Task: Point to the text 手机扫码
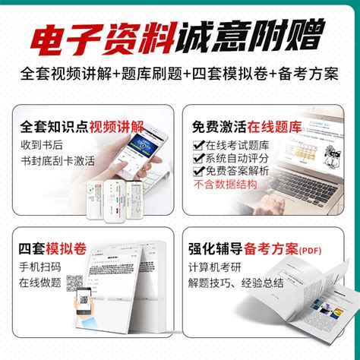[x=43, y=270]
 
